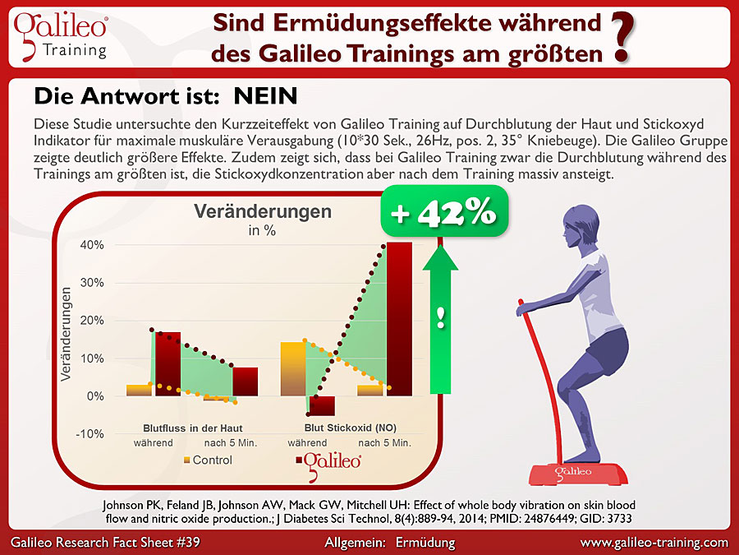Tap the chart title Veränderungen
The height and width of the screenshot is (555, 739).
tap(263, 211)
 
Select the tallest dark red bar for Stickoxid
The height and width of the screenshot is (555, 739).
tap(399, 318)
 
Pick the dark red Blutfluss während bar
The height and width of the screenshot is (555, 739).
tap(168, 363)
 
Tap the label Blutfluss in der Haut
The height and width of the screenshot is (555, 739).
tap(193, 428)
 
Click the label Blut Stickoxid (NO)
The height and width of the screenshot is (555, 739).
tap(350, 428)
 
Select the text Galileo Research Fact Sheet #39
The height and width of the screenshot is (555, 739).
tap(104, 543)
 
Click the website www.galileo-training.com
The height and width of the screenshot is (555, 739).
tap(654, 543)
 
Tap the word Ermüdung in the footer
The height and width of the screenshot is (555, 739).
tap(425, 543)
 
